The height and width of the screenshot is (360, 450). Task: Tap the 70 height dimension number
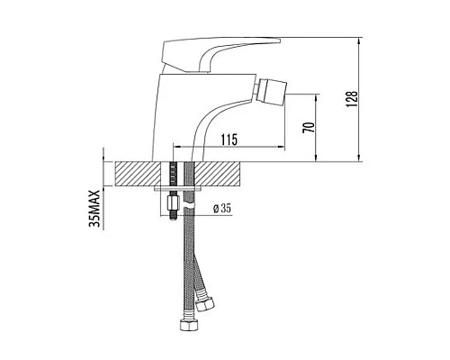point(308,127)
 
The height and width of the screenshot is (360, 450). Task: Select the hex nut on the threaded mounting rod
point(172,214)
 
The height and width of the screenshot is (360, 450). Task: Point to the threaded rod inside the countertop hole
point(172,175)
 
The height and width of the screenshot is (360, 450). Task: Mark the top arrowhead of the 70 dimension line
point(315,94)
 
